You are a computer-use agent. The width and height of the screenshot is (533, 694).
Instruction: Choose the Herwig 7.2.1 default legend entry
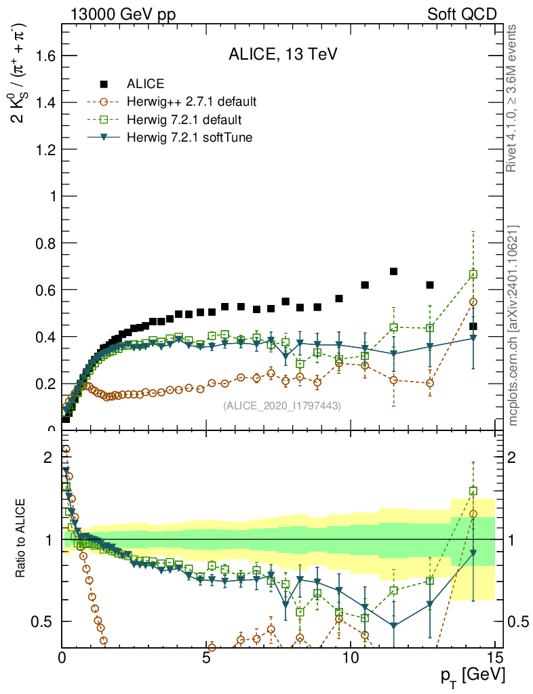tap(184, 120)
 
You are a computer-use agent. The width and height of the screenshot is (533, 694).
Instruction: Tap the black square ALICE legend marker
tap(104, 84)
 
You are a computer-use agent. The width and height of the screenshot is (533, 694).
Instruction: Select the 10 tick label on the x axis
tap(351, 657)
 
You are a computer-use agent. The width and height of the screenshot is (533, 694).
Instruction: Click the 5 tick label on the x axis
tap(206, 657)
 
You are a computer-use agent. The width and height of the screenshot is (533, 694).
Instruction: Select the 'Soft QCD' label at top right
tap(462, 14)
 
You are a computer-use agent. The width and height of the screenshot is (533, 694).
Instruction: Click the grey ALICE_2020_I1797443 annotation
tap(282, 405)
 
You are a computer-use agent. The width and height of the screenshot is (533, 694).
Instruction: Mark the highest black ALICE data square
tap(393, 272)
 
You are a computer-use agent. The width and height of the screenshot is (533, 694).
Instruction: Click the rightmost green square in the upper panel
tap(473, 274)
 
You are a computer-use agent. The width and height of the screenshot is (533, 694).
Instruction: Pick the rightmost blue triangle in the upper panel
tap(473, 338)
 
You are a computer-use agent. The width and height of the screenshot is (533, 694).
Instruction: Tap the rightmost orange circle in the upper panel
tap(473, 302)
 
